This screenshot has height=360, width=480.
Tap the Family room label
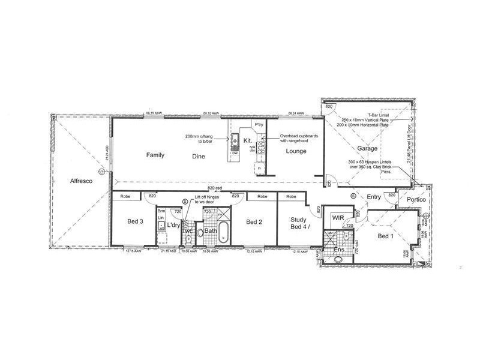(x=155, y=155)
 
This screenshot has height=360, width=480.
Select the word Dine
(x=199, y=156)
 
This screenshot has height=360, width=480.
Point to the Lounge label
(x=296, y=151)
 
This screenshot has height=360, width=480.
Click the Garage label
(x=367, y=148)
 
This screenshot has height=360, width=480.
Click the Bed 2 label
(x=256, y=221)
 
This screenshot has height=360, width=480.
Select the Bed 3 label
(x=135, y=221)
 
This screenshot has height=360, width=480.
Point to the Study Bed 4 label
(x=298, y=224)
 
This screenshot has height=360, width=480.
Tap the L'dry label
(x=174, y=225)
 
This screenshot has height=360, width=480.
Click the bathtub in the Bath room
(x=224, y=233)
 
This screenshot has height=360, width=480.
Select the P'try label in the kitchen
(x=259, y=124)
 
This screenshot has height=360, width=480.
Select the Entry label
(x=374, y=197)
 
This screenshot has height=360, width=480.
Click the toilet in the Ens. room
(x=338, y=259)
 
